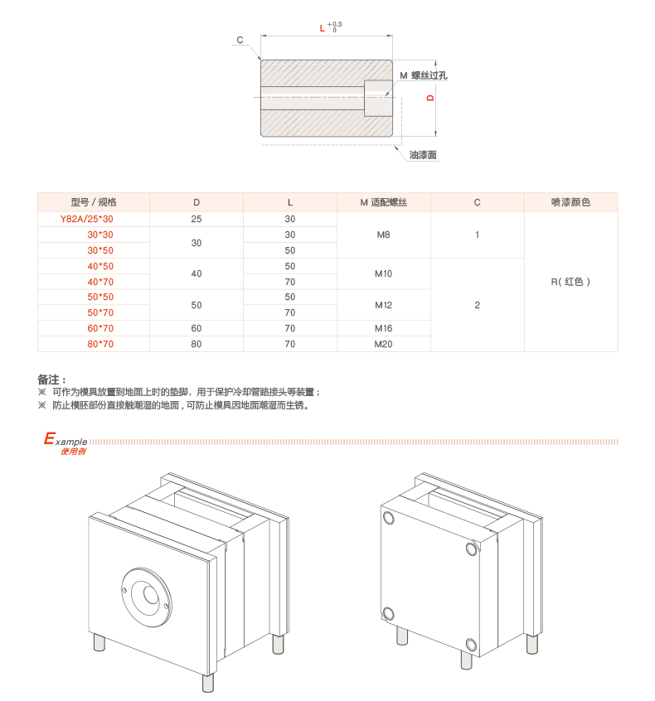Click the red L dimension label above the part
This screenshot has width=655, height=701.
pos(322,28)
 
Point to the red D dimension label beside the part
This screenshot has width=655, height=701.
pos(429,98)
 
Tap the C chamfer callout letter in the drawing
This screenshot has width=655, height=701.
pos(240,40)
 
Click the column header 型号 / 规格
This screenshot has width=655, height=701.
pos(94,202)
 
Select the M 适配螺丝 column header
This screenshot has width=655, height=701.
pos(383,202)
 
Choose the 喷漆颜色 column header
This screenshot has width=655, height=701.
pos(570,202)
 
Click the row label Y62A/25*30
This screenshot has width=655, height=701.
pos(87,220)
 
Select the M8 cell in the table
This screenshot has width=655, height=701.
pos(383,234)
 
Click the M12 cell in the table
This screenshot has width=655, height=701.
pos(383,305)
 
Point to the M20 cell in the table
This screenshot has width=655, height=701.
pos(383,344)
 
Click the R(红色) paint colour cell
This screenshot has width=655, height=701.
pos(570,282)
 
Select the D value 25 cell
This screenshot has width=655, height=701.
pos(196,220)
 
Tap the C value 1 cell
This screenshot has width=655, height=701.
pos(477,234)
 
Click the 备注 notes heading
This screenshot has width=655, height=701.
pos(51,379)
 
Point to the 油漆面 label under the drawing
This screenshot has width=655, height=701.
pos(422,154)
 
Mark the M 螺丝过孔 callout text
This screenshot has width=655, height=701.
pos(424,75)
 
